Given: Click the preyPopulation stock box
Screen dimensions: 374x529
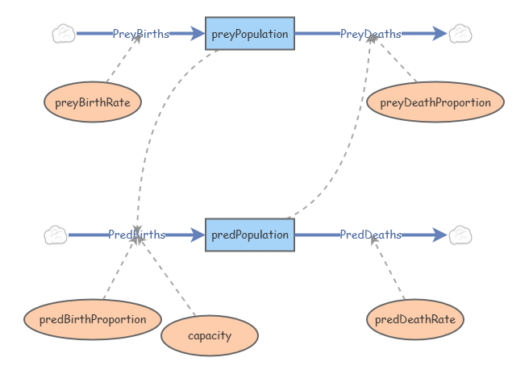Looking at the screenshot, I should pos(250,34).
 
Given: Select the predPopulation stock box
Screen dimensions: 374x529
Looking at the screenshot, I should pos(250,235).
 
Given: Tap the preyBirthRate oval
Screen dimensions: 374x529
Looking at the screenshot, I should pos(93,102).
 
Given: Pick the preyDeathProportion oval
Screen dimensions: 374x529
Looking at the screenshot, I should pos(435,102).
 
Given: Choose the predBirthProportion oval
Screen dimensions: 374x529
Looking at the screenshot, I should pos(86,319).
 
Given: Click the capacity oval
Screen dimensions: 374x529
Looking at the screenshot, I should pos(210,335).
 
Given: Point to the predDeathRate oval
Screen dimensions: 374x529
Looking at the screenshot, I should pos(415,319).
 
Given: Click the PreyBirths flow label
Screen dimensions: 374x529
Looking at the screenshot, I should pos(141,34).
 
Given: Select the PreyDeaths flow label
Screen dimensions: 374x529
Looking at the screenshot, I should pos(371,34).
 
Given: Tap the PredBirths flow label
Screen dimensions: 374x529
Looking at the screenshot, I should pos(137,235).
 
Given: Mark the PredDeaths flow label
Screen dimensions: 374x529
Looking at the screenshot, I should pos(371,235).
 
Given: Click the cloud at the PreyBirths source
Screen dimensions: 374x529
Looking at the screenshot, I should pos(64,34).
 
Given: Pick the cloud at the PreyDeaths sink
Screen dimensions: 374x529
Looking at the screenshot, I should pos(460,34).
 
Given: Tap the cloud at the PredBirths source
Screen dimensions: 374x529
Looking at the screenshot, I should pos(56,235).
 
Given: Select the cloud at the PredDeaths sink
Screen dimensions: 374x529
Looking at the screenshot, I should pos(460,235).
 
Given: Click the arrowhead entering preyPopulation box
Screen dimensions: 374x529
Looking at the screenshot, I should pos(198,34).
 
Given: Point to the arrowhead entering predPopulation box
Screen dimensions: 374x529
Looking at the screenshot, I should pos(198,235).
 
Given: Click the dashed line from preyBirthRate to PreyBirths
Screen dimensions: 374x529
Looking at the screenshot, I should pos(123,60).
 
